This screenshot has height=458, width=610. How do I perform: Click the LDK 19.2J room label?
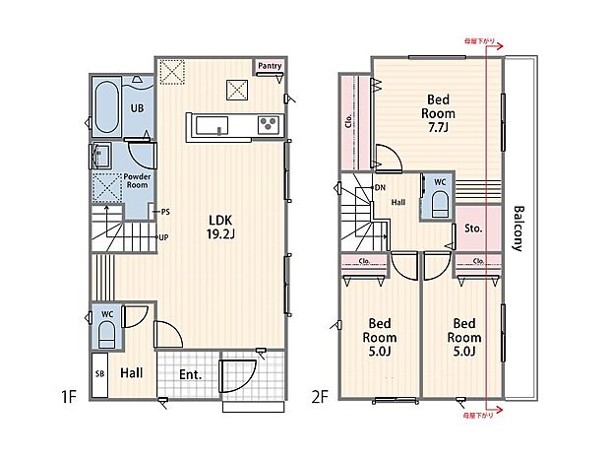click(x=217, y=227)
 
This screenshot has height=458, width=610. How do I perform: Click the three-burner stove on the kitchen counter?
click(x=267, y=124)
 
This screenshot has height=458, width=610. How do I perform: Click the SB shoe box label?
click(x=99, y=375)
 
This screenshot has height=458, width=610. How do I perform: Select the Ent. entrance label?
click(x=191, y=374)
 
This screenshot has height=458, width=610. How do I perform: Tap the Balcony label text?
click(x=518, y=229)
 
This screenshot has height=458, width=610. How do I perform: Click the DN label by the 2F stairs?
click(x=380, y=187)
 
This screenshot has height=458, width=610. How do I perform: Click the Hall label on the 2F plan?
click(x=398, y=201)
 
